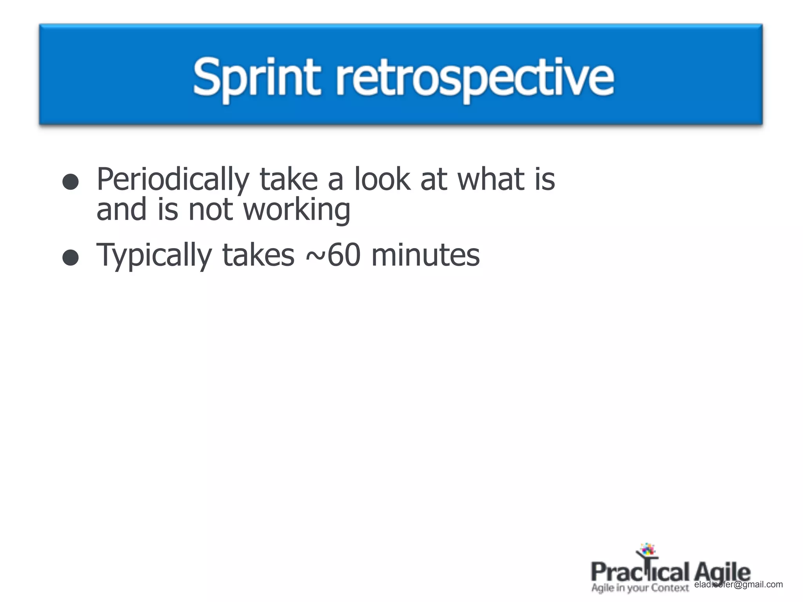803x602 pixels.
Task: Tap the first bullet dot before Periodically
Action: click(x=71, y=182)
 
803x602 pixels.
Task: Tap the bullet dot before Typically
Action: click(x=71, y=257)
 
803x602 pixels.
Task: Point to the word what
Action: click(x=492, y=179)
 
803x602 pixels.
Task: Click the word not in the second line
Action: click(x=211, y=210)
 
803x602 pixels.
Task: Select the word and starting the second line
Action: click(x=122, y=210)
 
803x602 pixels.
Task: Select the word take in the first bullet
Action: click(x=288, y=179)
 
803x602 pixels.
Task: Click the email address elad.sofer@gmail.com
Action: click(x=738, y=584)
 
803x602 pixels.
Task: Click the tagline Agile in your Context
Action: click(x=640, y=588)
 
